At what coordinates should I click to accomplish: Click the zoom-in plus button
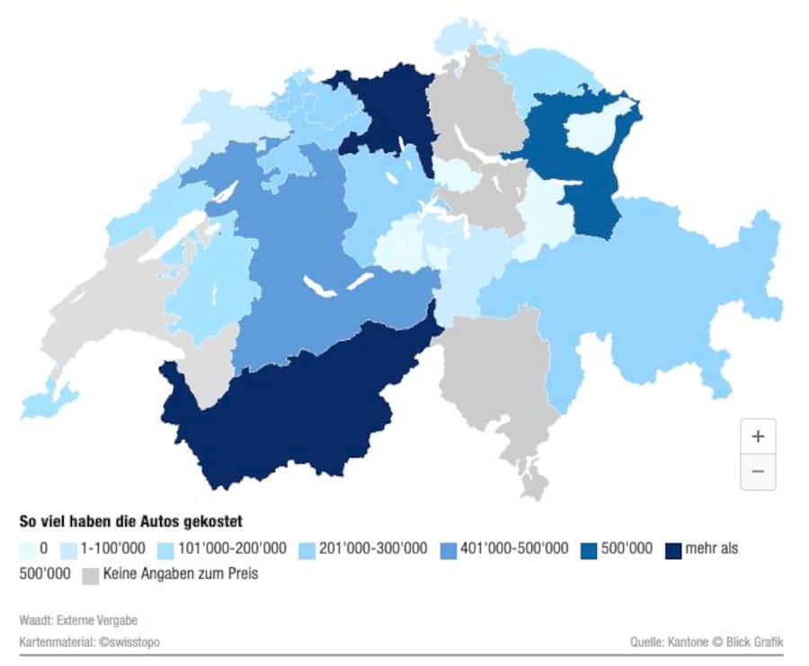(758, 436)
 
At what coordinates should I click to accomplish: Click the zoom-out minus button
(758, 471)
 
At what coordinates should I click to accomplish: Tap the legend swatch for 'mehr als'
(672, 548)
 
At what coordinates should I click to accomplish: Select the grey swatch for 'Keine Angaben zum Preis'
(91, 574)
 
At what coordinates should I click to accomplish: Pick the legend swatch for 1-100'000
(68, 548)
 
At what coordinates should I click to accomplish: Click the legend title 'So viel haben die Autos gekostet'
(130, 521)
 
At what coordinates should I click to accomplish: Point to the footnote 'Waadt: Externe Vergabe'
(78, 620)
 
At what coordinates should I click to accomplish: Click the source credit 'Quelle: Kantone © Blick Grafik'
(707, 642)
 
